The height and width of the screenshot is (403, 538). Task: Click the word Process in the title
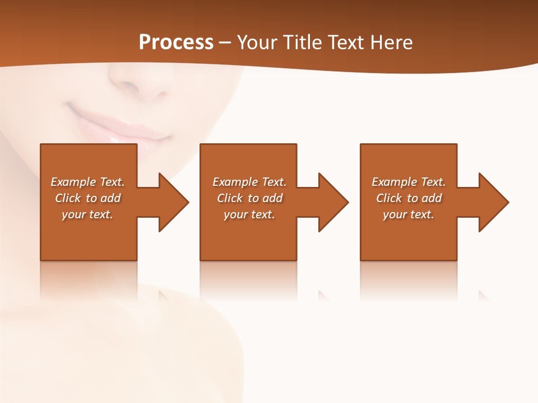[x=176, y=43]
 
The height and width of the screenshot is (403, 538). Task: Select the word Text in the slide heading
[x=346, y=43]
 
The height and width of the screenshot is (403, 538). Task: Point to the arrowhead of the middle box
[x=333, y=202]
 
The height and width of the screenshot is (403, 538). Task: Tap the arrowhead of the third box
[x=493, y=202]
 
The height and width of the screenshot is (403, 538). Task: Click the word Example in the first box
[x=73, y=182]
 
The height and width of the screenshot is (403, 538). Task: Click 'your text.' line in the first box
[x=87, y=214]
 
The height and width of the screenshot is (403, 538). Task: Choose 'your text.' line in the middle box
[x=249, y=214]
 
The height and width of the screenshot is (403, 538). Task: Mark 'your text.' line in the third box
[x=409, y=214]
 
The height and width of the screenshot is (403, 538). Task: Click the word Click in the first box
[x=67, y=198]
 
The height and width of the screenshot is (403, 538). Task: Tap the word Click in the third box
[x=389, y=198]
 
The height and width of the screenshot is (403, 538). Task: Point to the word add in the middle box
[x=272, y=198]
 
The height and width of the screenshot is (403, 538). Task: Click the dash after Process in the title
[x=225, y=43]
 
